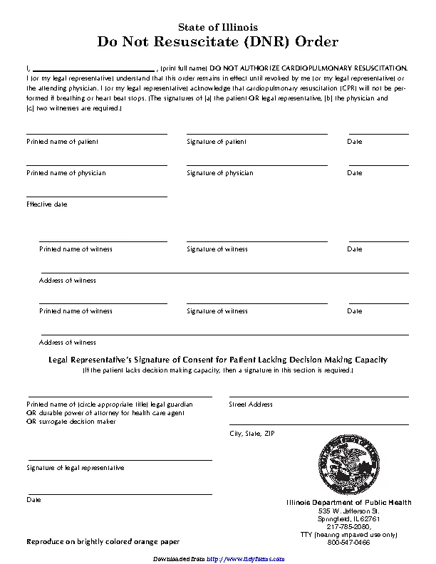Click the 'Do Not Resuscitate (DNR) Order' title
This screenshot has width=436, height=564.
click(217, 42)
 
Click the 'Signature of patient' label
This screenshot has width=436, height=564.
click(217, 142)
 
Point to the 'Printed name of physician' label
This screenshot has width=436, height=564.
click(66, 173)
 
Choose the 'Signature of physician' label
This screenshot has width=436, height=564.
click(220, 173)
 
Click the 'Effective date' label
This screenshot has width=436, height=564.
click(47, 204)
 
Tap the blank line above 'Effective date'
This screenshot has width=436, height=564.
click(97, 196)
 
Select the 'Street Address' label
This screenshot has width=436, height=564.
click(251, 404)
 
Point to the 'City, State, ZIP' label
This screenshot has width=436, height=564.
click(251, 433)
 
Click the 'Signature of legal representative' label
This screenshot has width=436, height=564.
click(76, 468)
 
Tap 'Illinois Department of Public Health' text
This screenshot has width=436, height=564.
click(348, 503)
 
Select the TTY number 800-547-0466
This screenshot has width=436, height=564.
click(349, 542)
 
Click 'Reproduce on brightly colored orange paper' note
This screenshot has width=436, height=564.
click(103, 542)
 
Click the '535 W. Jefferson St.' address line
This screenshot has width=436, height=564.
click(349, 511)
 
